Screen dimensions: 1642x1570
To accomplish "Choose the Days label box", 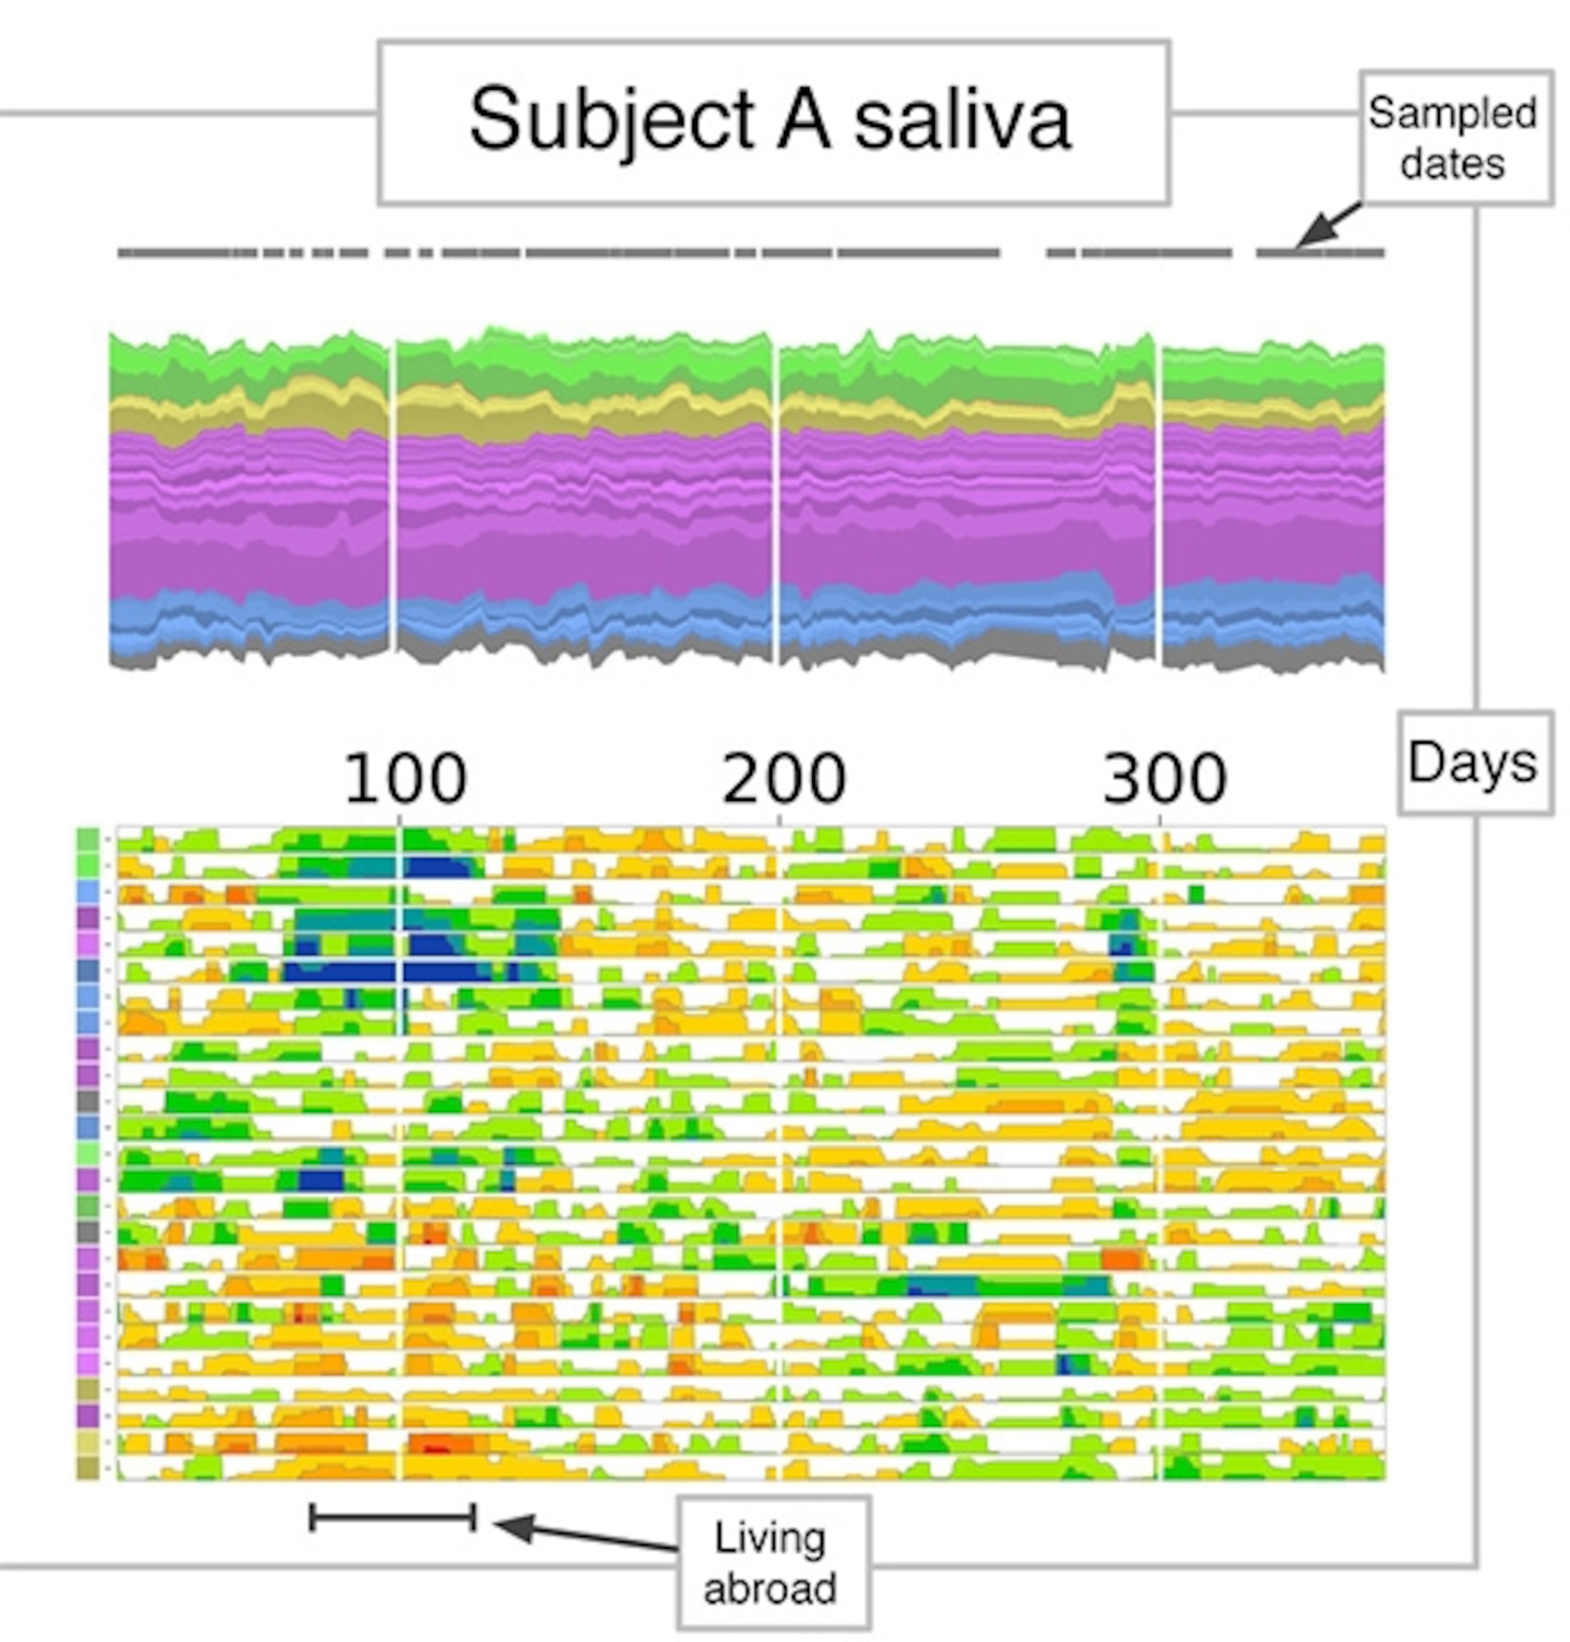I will tap(1474, 763).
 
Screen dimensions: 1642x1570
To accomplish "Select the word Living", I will tap(770, 1538).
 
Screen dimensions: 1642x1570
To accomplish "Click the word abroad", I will tap(770, 1587).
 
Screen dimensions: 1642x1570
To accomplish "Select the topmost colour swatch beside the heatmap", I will tap(88, 839).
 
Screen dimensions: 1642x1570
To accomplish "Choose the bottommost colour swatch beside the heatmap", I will tap(88, 1468).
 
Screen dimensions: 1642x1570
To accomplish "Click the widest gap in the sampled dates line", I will tap(1023, 252).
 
